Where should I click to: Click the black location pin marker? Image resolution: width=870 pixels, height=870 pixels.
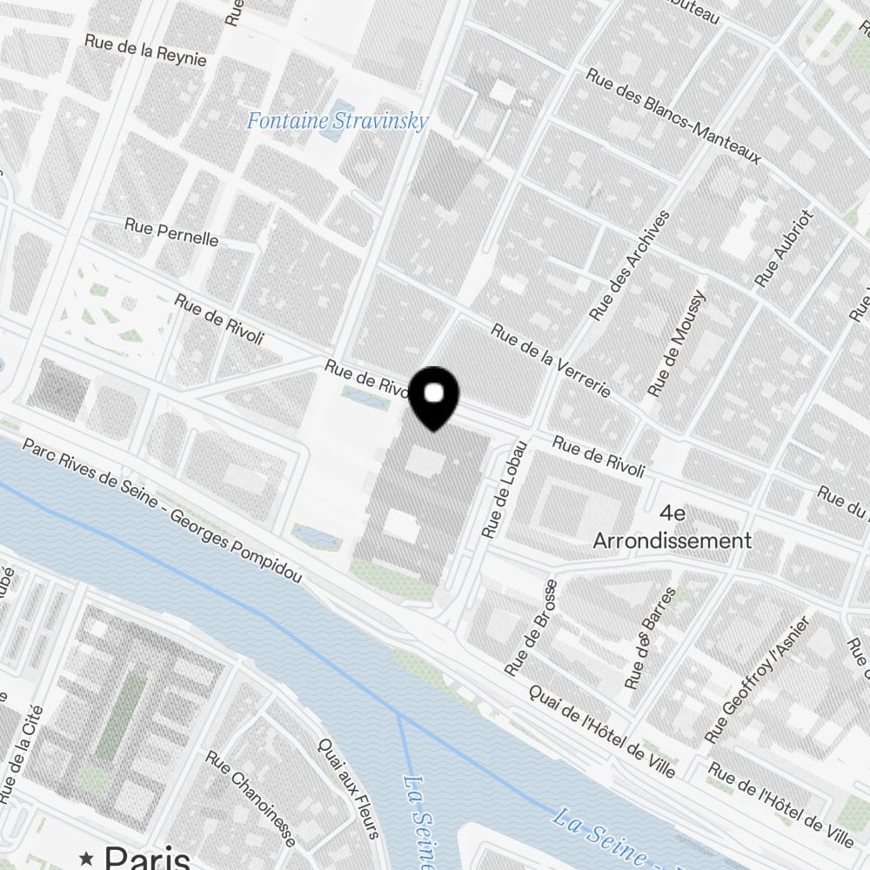click(x=433, y=398)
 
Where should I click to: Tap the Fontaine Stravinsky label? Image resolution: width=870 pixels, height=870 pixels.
click(x=338, y=121)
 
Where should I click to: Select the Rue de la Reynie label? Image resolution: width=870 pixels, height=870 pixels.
click(x=146, y=50)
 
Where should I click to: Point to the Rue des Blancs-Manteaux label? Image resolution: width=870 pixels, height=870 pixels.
click(x=674, y=117)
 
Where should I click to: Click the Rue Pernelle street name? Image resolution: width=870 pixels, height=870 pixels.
click(x=171, y=231)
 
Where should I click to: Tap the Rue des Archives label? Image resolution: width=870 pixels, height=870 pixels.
click(x=631, y=264)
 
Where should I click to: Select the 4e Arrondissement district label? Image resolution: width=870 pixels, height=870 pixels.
click(x=673, y=527)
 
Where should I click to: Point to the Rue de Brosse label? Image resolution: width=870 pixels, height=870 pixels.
click(x=530, y=628)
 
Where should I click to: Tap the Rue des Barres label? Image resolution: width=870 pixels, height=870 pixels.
click(x=650, y=638)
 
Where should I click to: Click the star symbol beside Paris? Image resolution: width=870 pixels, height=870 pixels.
click(x=86, y=858)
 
